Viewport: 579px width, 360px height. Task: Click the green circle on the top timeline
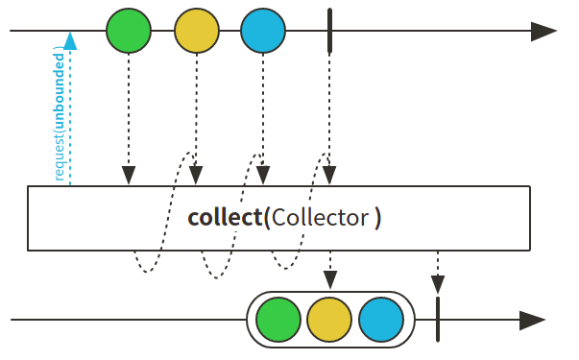129,32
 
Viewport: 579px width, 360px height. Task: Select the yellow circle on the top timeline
196,32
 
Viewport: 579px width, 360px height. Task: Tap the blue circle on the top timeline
263,32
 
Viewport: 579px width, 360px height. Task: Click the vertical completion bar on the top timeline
329,32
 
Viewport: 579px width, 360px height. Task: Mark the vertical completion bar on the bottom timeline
438,320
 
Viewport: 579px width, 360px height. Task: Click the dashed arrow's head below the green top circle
129,176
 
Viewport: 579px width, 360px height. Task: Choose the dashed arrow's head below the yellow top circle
196,176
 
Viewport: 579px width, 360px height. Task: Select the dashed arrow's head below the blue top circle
263,176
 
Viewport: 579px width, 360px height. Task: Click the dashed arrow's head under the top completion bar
329,176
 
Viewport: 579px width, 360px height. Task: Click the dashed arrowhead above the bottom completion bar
438,283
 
